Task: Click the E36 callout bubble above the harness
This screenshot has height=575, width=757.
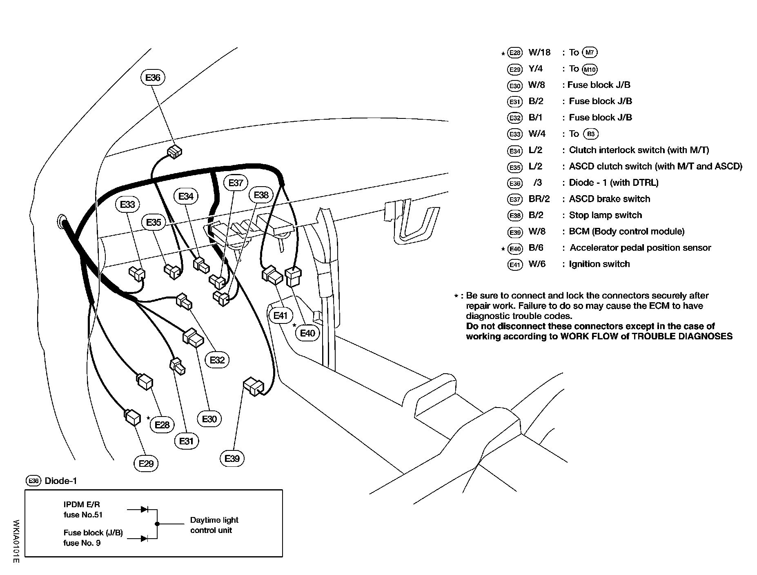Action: [x=153, y=78]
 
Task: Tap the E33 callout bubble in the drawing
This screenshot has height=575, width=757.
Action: [x=127, y=204]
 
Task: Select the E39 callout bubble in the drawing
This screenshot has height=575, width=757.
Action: [x=232, y=459]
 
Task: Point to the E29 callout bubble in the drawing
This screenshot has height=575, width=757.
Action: [x=146, y=464]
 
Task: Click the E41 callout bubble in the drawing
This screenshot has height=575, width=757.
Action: [x=281, y=316]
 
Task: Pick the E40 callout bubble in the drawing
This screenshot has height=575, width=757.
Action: [x=307, y=333]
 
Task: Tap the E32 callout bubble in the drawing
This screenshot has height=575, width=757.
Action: [x=217, y=360]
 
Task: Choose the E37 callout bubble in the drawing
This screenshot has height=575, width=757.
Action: [x=236, y=183]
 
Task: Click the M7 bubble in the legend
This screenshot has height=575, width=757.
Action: [x=590, y=52]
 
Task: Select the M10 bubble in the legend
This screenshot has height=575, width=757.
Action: [x=590, y=69]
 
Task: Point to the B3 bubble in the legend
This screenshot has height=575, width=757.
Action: [x=590, y=134]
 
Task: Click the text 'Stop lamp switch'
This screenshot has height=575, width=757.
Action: [x=605, y=215]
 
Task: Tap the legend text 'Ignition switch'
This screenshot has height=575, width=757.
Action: [x=599, y=264]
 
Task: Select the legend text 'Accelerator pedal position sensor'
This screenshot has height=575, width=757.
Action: [x=640, y=248]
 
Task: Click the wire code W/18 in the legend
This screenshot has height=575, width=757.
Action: [x=539, y=52]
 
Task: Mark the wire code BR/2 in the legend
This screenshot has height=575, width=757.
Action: [x=539, y=199]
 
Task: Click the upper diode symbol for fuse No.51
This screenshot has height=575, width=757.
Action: [x=144, y=509]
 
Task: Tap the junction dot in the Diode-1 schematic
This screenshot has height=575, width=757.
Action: [x=157, y=524]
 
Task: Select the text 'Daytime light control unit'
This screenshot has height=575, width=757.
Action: [x=214, y=525]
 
